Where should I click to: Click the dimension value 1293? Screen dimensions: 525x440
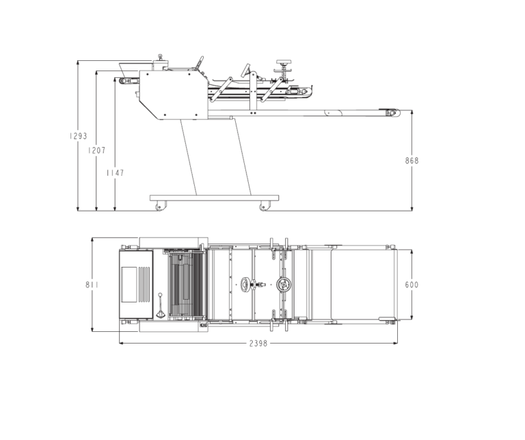click(x=78, y=136)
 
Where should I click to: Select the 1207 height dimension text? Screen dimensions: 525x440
click(x=97, y=151)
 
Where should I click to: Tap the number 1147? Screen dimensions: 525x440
click(x=115, y=173)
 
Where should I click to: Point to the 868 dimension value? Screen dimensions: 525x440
click(x=412, y=161)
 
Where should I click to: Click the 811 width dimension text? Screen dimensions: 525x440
click(x=92, y=285)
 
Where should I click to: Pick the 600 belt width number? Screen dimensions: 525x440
click(x=412, y=285)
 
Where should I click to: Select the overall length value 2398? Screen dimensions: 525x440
click(x=258, y=344)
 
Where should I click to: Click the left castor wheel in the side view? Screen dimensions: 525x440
click(x=161, y=206)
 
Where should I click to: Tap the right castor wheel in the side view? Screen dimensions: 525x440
click(x=265, y=206)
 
